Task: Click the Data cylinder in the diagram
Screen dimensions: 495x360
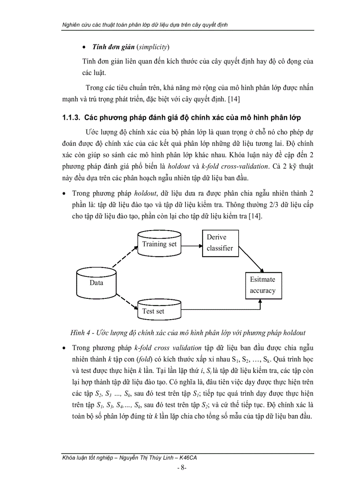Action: [96, 282]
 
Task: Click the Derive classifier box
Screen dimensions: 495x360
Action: [220, 243]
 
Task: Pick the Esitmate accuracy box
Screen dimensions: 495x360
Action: [263, 285]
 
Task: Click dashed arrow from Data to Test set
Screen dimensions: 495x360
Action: [125, 303]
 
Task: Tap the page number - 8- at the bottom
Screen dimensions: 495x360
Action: [182, 468]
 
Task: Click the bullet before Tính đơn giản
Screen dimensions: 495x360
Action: [84, 47]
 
